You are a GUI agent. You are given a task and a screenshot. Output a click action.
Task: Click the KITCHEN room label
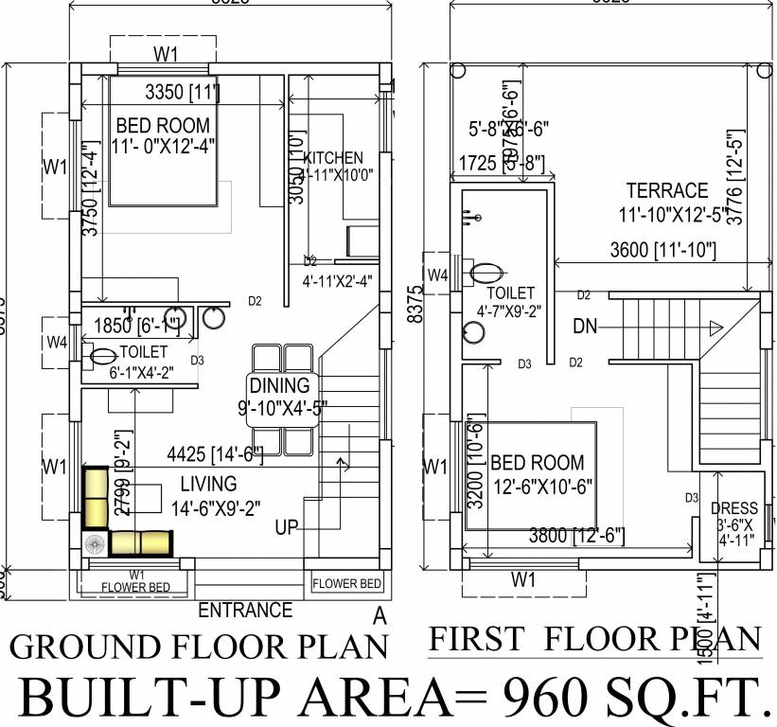(x=333, y=157)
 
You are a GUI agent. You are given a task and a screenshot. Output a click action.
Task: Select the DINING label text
(x=279, y=385)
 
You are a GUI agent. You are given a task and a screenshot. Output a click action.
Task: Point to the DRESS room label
(x=733, y=508)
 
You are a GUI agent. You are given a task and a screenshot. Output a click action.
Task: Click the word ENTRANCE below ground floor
(x=245, y=610)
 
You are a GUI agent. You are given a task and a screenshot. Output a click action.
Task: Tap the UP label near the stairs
(x=287, y=527)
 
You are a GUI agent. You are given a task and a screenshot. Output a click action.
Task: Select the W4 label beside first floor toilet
(x=436, y=275)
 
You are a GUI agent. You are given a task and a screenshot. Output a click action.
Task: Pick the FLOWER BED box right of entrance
(x=346, y=583)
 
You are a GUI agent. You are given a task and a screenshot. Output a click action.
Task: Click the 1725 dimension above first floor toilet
(x=477, y=163)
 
